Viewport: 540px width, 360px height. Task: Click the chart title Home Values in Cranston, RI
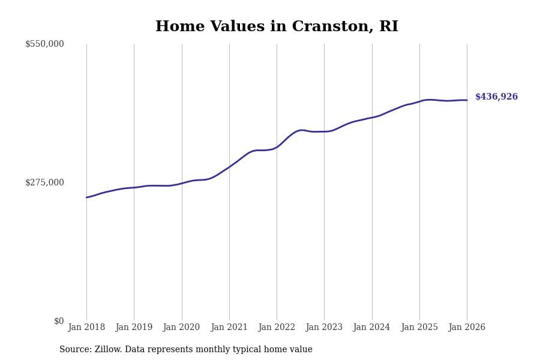tap(277, 27)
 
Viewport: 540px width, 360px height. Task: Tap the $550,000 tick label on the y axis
tap(44, 44)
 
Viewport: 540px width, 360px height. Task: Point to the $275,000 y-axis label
tap(44, 182)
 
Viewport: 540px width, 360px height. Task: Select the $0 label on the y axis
tap(59, 321)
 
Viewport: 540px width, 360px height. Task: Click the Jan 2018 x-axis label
tap(86, 327)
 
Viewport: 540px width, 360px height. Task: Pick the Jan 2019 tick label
tap(134, 327)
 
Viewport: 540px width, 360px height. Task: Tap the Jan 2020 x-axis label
tap(181, 327)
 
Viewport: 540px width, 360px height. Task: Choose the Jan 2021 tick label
tap(229, 327)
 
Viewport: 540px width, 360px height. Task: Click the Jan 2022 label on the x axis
tap(277, 327)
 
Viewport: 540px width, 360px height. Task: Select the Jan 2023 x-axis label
tap(324, 327)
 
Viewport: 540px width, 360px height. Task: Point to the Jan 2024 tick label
tap(371, 327)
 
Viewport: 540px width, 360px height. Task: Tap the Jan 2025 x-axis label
tap(419, 327)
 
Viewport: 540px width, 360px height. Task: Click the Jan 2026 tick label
tap(467, 327)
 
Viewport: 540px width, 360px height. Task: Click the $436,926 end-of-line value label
tap(496, 97)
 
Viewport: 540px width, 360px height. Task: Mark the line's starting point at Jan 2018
tap(86, 197)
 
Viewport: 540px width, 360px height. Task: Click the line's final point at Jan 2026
tap(467, 100)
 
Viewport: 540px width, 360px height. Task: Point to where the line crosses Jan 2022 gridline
tap(277, 146)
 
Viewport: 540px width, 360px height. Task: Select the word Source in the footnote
tap(74, 350)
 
